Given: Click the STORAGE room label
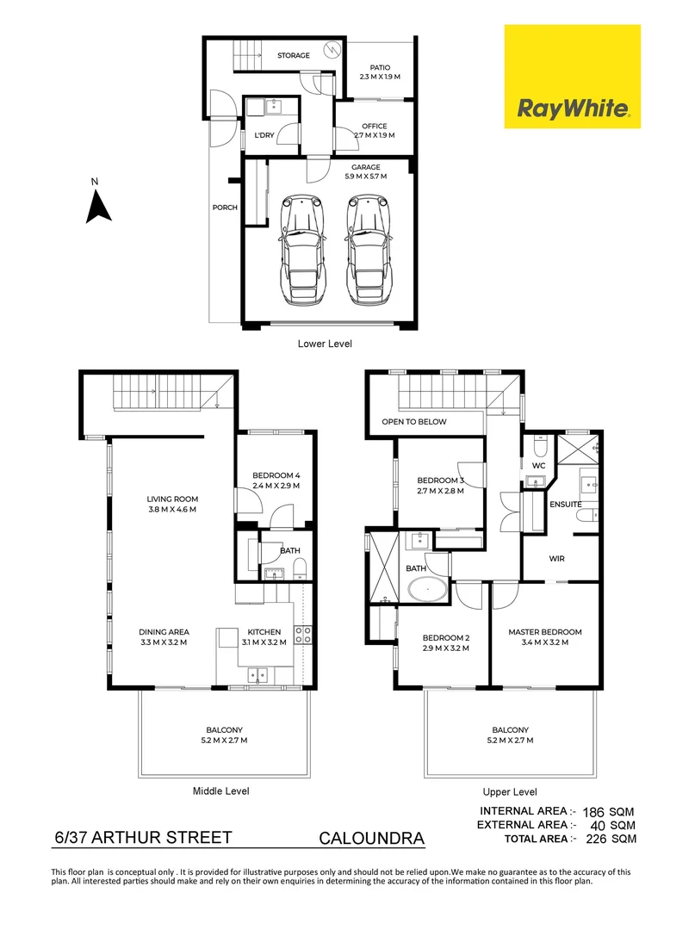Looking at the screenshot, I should tap(293, 56).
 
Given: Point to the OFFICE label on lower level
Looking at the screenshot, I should tap(374, 127).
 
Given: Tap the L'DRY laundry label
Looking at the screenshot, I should tap(262, 135).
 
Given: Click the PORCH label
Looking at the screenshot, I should tap(225, 208).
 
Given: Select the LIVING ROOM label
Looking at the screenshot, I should tap(172, 499).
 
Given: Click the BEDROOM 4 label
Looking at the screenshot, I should tap(276, 475).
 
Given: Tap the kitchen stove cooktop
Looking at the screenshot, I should tap(303, 635).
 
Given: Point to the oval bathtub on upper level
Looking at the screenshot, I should tap(426, 592).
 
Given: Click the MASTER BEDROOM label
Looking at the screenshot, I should tap(545, 632).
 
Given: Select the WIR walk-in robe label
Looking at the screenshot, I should tap(556, 558).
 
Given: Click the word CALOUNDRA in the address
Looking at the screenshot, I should tap(371, 838).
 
